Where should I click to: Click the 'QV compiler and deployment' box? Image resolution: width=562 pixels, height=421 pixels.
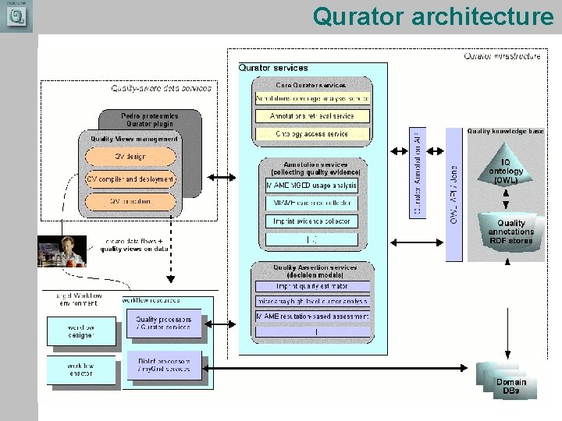point(130,179)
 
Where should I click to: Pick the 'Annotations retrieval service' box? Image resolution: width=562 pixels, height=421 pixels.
point(311,115)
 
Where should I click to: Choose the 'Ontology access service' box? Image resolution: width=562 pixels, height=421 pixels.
point(311,134)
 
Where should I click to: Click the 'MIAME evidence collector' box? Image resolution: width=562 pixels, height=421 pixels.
point(311,203)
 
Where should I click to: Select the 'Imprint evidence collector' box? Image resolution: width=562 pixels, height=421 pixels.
point(311,221)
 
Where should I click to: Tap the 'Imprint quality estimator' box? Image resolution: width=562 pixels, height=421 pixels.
point(311,286)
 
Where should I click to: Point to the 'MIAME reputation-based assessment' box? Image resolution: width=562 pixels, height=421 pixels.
point(311,317)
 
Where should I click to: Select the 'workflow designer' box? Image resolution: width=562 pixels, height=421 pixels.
point(80,331)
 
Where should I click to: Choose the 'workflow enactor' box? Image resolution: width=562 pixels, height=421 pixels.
point(80,369)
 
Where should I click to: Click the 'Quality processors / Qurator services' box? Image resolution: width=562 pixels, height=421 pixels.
point(163,324)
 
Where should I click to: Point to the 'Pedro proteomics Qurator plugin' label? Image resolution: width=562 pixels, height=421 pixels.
point(149,120)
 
